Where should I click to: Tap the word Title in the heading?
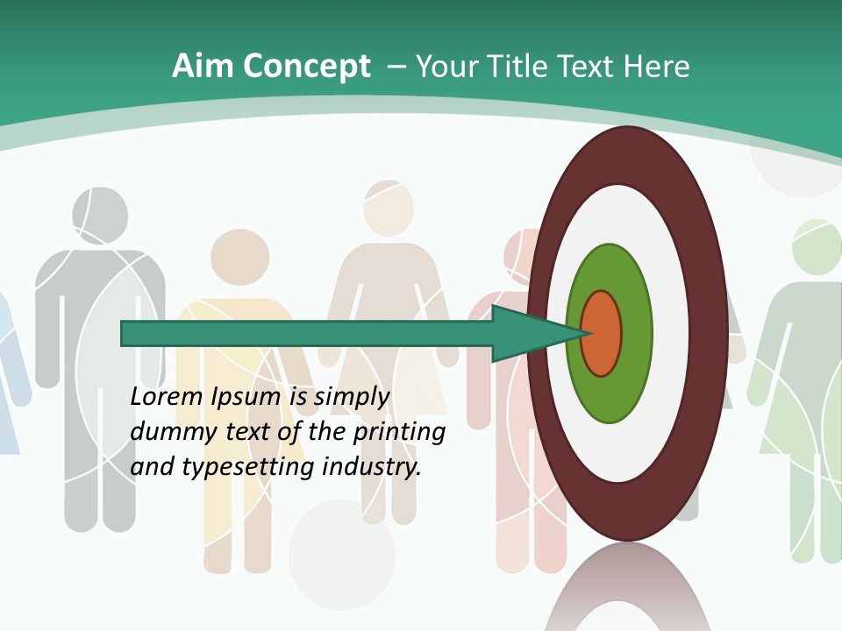517,67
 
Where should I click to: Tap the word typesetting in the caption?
249,467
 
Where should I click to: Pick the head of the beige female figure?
387,208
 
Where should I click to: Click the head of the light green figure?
817,247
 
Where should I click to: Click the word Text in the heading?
589,67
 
